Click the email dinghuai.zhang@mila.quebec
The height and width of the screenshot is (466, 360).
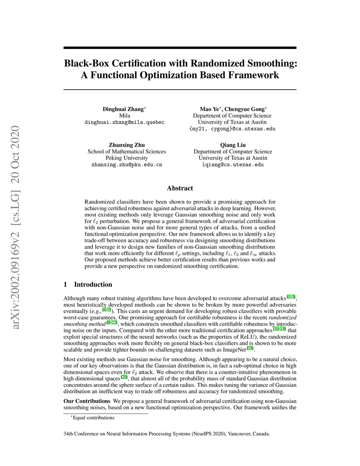124,122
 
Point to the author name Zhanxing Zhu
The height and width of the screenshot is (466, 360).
127,145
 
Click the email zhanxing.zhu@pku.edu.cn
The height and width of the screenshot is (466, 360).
127,165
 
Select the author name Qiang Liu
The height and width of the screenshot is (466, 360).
233,145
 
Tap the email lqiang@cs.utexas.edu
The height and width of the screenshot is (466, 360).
233,165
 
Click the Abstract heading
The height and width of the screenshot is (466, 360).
180,188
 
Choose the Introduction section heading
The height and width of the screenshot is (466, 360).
93,285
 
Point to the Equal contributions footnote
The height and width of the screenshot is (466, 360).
94,418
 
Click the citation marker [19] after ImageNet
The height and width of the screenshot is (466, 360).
250,349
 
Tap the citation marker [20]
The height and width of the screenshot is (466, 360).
124,377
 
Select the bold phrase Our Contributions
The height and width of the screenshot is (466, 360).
87,401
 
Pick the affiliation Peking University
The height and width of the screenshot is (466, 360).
127,158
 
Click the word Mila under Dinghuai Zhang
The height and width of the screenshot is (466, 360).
124,116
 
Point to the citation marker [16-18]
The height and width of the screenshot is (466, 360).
279,329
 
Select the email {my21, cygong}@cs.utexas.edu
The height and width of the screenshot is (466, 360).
232,129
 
